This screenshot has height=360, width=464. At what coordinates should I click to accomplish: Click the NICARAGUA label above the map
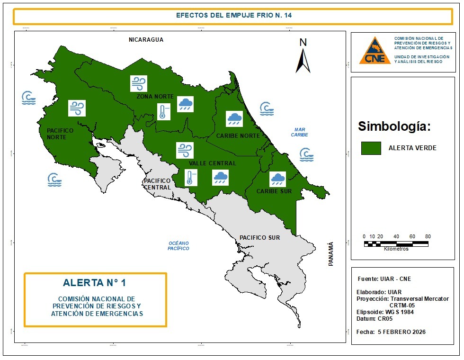146,40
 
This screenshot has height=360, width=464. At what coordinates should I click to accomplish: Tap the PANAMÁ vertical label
331,253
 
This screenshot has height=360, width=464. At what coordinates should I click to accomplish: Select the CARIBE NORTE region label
238,135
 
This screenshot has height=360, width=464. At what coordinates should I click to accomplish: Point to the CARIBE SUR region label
274,191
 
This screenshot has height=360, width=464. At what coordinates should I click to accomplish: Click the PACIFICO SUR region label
259,237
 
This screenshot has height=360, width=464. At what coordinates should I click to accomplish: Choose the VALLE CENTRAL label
212,163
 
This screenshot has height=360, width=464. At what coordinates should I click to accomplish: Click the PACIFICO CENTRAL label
157,184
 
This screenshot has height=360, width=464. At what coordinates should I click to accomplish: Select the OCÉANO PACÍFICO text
178,245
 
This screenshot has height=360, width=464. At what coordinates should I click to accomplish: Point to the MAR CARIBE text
299,132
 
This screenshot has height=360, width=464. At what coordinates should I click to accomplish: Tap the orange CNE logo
375,51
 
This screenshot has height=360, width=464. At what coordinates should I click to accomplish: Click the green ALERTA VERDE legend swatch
371,148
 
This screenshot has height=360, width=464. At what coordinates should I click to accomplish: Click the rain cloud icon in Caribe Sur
277,179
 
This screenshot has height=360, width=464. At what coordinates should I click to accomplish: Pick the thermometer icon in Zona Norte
163,112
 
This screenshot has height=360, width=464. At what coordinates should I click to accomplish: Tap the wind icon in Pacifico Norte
76,108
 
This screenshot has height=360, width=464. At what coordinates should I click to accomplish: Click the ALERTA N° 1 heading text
94,283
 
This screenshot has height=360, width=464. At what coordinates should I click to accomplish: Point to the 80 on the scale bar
428,236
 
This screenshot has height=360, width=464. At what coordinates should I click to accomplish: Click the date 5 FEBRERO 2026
402,332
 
